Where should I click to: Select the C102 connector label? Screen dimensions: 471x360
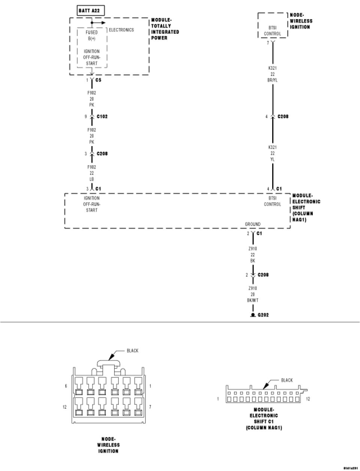(102, 117)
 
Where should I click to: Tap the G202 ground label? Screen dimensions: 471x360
(263, 315)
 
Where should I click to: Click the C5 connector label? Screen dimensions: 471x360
(98, 80)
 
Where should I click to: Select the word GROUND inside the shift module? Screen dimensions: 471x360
(253, 224)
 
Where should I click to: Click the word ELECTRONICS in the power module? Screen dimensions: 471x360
(121, 30)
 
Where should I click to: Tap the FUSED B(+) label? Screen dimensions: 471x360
(92, 36)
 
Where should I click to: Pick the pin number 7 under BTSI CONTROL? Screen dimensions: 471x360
(267, 43)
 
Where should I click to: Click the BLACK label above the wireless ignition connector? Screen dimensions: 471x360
(132, 351)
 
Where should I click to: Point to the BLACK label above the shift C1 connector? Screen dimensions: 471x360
(287, 380)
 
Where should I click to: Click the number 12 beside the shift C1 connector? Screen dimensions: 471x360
(308, 399)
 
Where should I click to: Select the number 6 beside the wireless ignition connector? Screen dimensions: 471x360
(66, 386)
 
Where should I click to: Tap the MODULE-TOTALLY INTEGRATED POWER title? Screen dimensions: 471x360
(165, 29)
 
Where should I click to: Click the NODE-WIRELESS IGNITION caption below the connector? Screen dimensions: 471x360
(108, 445)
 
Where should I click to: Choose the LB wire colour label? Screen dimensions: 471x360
(92, 179)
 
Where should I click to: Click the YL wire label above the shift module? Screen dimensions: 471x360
(273, 160)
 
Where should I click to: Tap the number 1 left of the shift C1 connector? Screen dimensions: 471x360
(218, 399)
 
